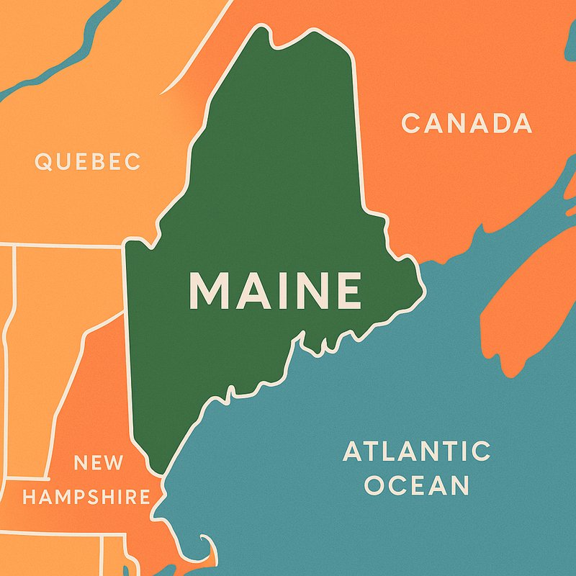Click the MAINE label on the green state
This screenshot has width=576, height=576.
274,289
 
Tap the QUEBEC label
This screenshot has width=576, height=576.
88,161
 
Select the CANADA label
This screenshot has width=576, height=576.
467,124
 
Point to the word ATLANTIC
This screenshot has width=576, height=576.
416,452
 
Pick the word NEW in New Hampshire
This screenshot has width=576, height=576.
99,463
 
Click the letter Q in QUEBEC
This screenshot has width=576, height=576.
42,161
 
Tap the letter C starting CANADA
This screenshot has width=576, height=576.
410,124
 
